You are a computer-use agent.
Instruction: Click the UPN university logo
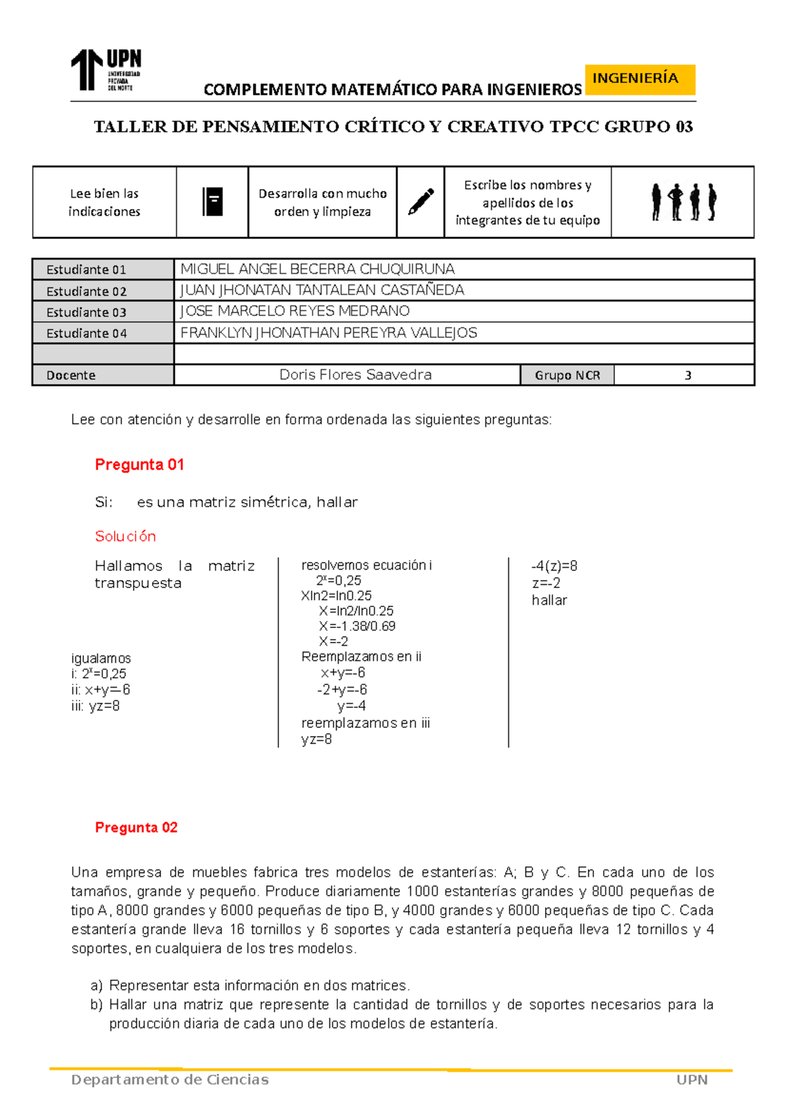click(106, 70)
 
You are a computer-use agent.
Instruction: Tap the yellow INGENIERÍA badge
click(639, 79)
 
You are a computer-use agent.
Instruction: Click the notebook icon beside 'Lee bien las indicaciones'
click(212, 202)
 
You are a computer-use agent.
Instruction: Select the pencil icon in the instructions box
click(421, 202)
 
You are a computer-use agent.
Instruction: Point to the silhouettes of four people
click(683, 202)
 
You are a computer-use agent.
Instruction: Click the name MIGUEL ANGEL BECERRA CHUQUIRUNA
click(318, 269)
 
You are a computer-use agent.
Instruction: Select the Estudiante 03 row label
click(86, 312)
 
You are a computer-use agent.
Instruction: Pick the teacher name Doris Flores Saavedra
click(355, 375)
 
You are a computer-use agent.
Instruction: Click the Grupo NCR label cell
click(567, 375)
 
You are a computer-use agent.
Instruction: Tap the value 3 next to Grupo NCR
click(688, 375)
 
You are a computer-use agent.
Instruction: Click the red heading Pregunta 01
click(140, 464)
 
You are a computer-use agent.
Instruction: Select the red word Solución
click(126, 536)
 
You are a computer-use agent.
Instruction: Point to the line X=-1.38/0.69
click(357, 626)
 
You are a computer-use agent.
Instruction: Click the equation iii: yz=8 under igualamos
click(96, 706)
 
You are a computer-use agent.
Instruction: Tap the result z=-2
click(546, 583)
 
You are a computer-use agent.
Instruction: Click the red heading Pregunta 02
click(136, 827)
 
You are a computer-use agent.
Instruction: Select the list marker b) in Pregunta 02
click(96, 1005)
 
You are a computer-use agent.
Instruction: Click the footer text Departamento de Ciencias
click(170, 1080)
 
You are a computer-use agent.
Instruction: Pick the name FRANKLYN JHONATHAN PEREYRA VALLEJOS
click(329, 333)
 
